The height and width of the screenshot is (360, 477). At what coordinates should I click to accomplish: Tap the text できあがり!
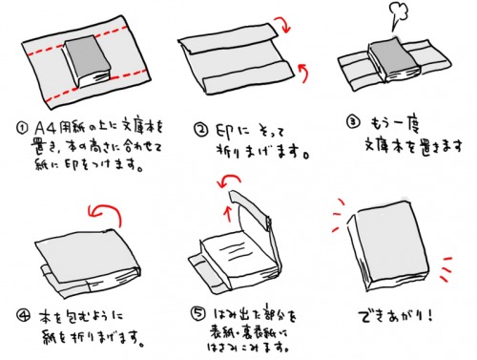pyautogui.click(x=387, y=314)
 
